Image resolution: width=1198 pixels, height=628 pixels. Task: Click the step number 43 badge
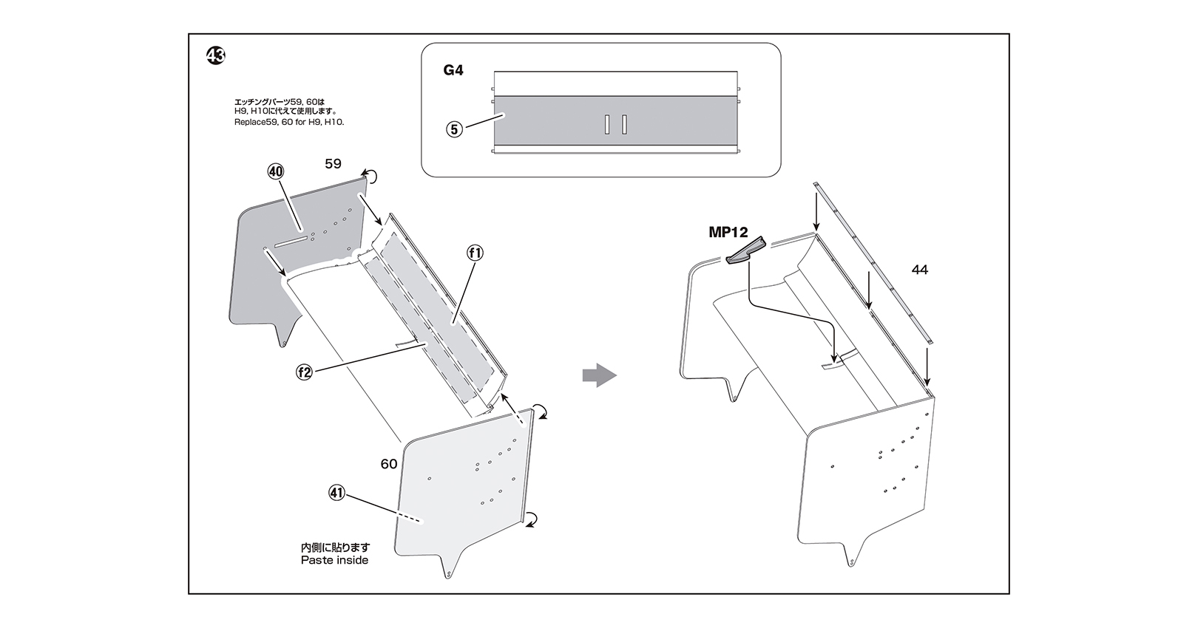click(x=216, y=55)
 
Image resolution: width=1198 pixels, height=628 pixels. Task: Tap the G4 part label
click(x=453, y=70)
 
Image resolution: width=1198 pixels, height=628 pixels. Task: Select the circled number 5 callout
click(x=454, y=129)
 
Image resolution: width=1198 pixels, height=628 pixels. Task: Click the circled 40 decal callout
click(x=275, y=171)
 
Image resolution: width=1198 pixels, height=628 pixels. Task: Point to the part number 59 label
click(x=333, y=163)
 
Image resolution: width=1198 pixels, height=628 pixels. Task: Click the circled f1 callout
click(x=475, y=253)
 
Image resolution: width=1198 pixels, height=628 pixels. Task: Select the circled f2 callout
click(x=305, y=372)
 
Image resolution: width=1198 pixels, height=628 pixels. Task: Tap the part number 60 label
click(x=389, y=464)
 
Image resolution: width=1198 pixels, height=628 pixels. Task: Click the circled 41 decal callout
click(x=336, y=493)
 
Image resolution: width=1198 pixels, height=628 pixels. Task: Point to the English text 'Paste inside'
click(x=335, y=560)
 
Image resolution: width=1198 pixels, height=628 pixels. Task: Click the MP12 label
click(x=728, y=232)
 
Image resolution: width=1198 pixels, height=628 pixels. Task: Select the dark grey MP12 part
click(x=746, y=252)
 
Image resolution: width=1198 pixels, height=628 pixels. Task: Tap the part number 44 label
click(x=919, y=270)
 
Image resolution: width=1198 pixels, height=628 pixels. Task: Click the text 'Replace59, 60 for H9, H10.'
click(x=289, y=122)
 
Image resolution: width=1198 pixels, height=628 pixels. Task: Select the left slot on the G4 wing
click(x=607, y=125)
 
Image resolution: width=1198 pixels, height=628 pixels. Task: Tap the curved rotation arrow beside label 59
click(x=370, y=175)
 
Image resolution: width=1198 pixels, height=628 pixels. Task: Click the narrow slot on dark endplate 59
click(x=291, y=242)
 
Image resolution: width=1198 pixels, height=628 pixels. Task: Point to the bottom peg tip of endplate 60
click(x=448, y=576)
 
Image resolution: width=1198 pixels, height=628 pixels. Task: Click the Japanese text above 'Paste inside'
click(x=335, y=547)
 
